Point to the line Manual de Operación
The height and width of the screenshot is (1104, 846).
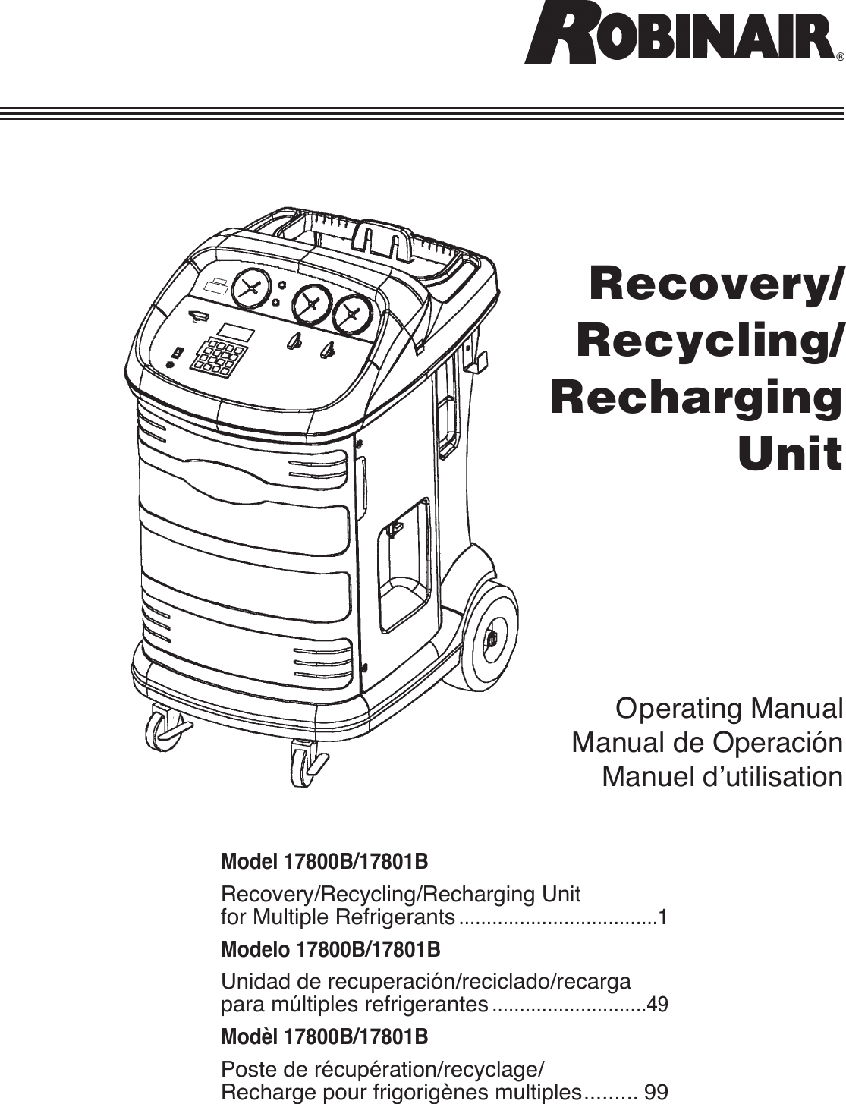[x=706, y=743]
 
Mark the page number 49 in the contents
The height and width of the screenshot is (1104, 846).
[x=659, y=1006]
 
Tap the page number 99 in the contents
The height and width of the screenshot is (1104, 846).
[x=656, y=1093]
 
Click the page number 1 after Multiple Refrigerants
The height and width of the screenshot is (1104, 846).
[x=663, y=918]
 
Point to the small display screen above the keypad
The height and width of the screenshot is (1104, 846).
[x=236, y=332]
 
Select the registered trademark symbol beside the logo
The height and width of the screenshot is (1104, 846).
[x=839, y=58]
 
